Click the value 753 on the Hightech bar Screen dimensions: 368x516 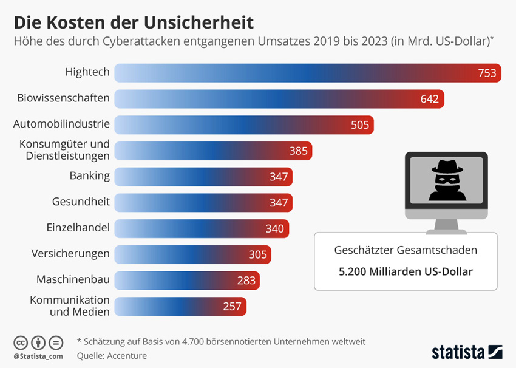[x=487, y=73]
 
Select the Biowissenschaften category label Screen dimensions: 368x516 [x=63, y=98]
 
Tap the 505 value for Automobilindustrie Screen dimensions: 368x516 [x=360, y=125]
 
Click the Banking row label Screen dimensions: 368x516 [x=89, y=176]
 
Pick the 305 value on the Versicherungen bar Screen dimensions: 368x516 [x=257, y=254]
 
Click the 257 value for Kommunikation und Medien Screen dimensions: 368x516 [x=232, y=306]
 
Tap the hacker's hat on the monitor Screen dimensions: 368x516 [x=446, y=167]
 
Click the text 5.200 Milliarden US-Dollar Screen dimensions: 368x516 [x=406, y=271]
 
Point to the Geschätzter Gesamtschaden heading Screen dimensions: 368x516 [x=406, y=250]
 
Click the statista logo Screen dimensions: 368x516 [x=466, y=352]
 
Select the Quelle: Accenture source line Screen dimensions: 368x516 [x=112, y=356]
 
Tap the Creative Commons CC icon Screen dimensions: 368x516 [x=21, y=342]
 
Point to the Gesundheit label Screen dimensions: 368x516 [x=81, y=202]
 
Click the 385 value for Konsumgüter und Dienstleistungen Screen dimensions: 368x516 [x=298, y=151]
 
